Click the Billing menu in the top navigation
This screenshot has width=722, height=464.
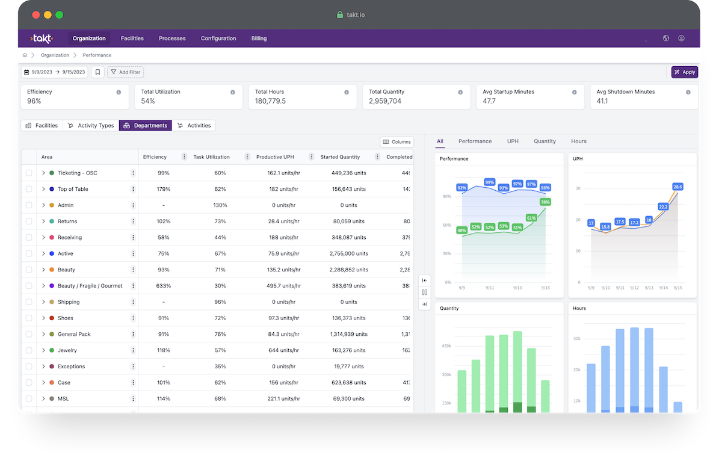259,39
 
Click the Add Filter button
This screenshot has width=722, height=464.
125,72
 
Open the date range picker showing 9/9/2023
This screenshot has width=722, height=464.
54,72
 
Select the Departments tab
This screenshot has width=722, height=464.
145,126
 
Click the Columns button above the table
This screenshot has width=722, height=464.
396,142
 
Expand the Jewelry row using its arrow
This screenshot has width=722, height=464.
43,350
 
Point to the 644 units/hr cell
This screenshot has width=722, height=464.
283,350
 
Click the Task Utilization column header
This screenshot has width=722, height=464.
211,157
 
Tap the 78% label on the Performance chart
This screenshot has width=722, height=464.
545,202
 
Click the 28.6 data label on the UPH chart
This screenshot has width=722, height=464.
677,187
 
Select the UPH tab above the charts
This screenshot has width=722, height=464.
513,141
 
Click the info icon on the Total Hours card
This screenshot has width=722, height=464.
347,92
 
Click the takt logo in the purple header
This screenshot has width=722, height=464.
42,39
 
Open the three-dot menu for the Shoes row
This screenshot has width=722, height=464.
133,318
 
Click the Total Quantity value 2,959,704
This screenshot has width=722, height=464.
385,101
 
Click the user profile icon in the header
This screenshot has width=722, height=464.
681,39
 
